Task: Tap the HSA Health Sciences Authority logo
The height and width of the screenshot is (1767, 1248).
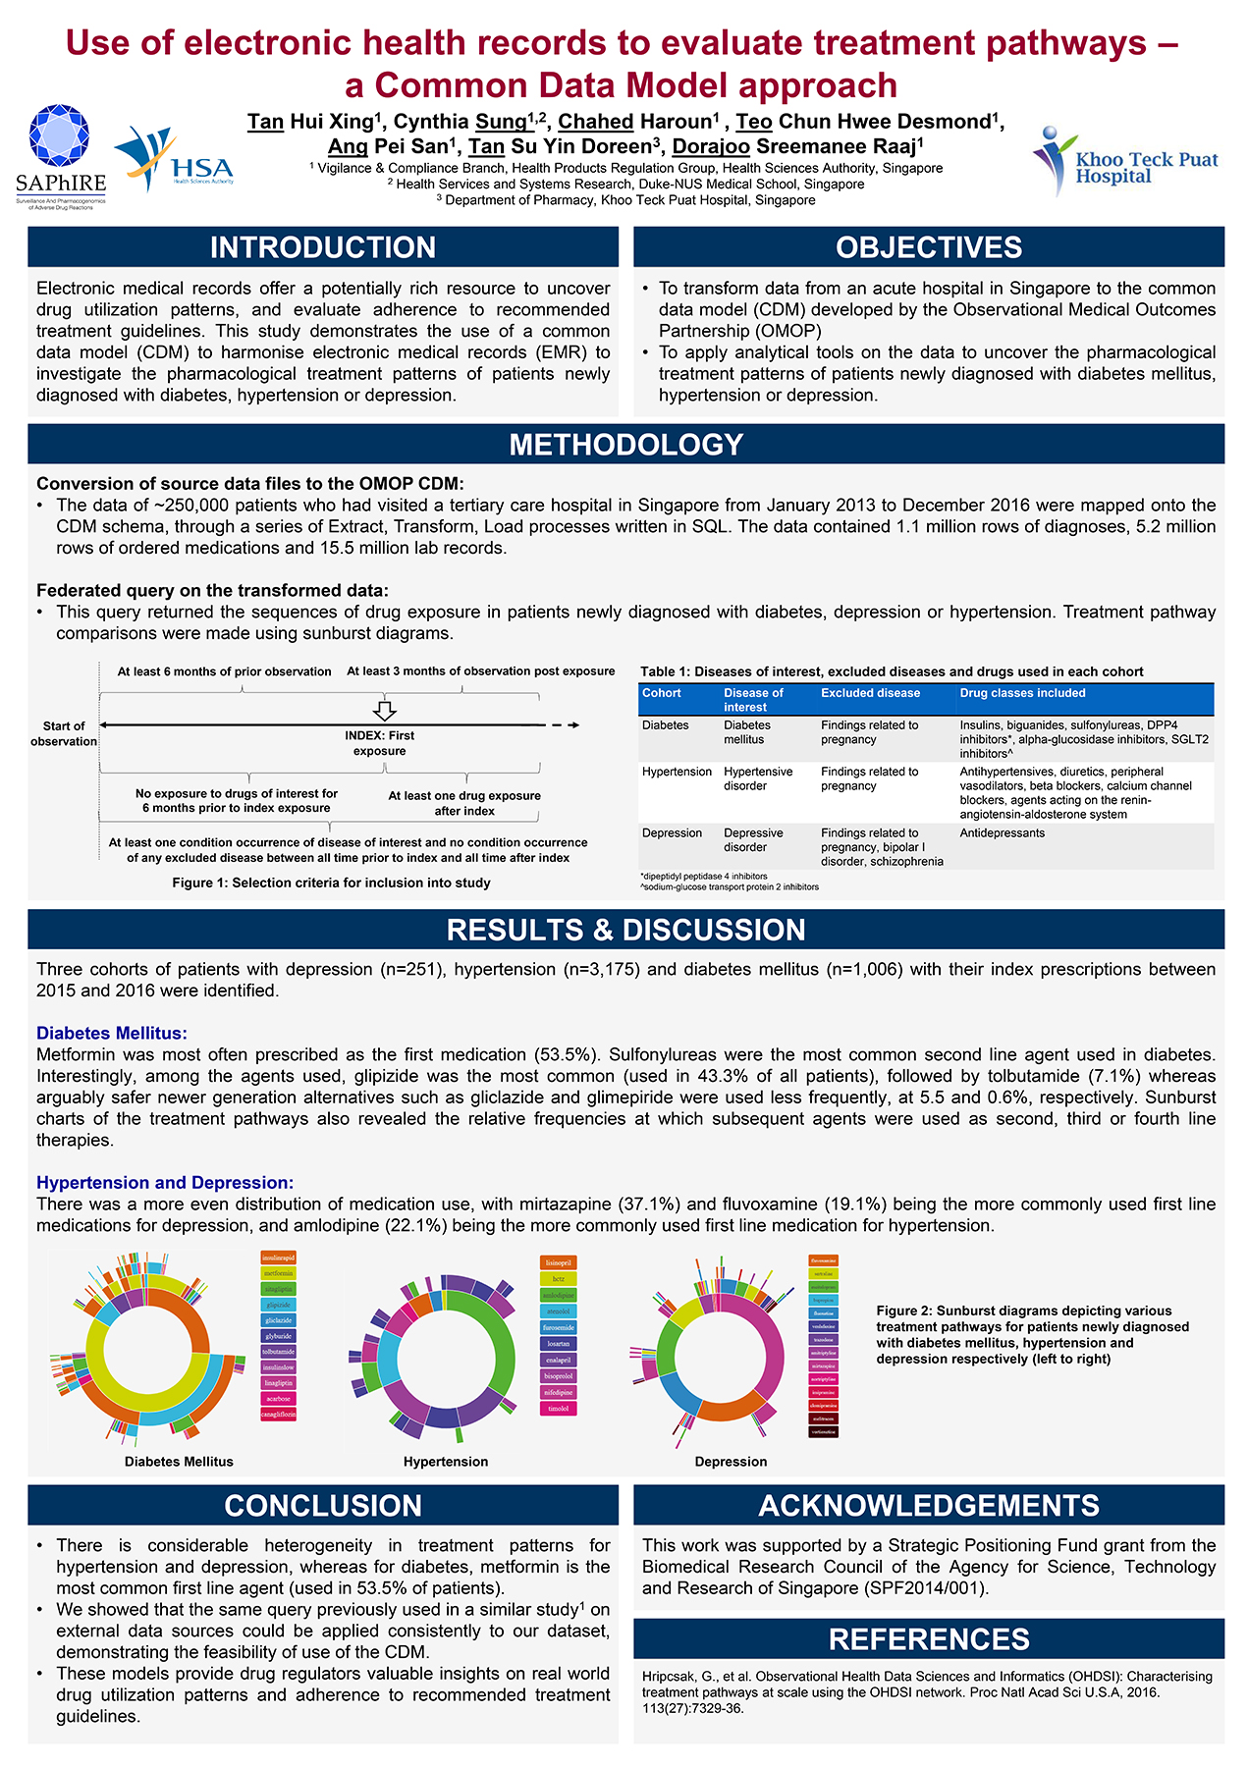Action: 175,160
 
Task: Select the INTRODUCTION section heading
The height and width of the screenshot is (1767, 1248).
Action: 323,247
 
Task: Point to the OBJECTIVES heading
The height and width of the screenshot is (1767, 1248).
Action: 929,247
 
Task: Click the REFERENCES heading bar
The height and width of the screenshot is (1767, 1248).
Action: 929,1639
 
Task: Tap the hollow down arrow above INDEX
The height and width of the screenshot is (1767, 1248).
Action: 386,711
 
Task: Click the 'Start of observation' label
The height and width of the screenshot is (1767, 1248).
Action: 64,733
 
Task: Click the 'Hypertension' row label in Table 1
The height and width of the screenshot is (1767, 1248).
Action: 677,772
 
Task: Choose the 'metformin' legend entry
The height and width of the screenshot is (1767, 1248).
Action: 278,1273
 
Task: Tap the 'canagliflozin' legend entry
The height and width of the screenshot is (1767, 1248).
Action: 278,1415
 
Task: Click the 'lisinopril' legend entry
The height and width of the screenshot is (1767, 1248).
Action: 558,1263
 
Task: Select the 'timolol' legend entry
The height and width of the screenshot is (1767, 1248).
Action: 558,1409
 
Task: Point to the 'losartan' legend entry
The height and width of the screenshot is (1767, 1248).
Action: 558,1344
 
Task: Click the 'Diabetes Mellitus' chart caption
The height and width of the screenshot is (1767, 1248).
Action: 179,1462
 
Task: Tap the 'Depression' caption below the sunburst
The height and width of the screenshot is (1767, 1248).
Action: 731,1462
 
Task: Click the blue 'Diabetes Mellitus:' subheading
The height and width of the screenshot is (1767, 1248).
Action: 112,1033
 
